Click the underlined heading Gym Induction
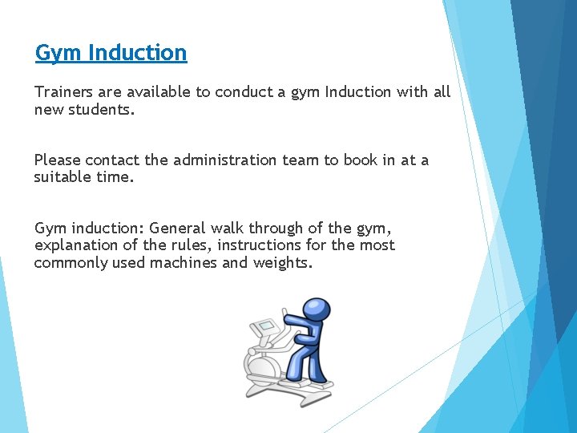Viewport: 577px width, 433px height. tap(111, 53)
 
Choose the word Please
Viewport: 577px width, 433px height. tap(57, 160)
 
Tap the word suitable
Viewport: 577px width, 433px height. tap(62, 177)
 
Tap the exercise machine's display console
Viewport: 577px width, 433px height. tap(264, 330)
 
